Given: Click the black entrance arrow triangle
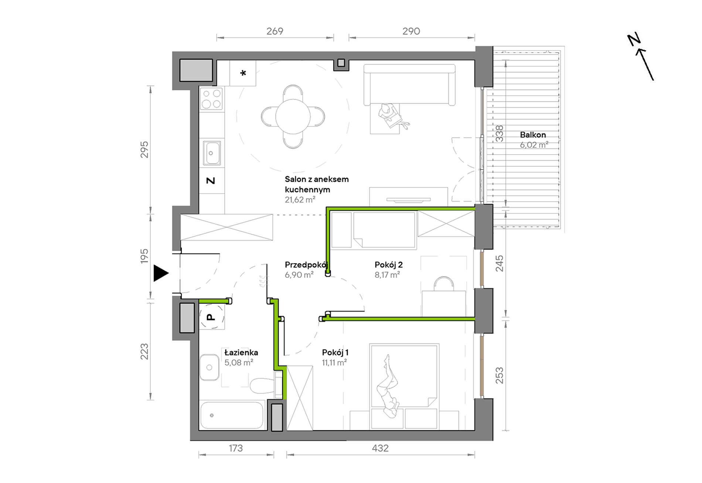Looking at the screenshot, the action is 161,273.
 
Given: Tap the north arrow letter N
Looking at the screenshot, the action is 634,40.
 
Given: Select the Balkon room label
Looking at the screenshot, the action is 533,135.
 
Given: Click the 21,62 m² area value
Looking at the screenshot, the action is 300,200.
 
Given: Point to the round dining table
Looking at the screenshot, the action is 293,116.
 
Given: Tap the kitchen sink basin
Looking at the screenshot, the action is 211,153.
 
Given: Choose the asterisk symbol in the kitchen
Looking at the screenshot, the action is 243,73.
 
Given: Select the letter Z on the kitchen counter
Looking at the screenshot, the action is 211,181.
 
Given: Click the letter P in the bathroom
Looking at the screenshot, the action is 211,317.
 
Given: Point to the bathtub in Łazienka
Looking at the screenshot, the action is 232,415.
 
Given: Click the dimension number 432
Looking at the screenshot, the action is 380,448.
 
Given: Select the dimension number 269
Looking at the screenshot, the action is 275,31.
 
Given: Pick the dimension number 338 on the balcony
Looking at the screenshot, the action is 499,134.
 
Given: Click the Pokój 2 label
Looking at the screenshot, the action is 388,265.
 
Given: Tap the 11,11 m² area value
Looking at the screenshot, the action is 334,363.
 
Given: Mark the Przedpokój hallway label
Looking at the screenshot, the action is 306,265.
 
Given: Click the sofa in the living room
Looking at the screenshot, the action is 409,84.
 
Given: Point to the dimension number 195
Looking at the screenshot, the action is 144,256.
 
